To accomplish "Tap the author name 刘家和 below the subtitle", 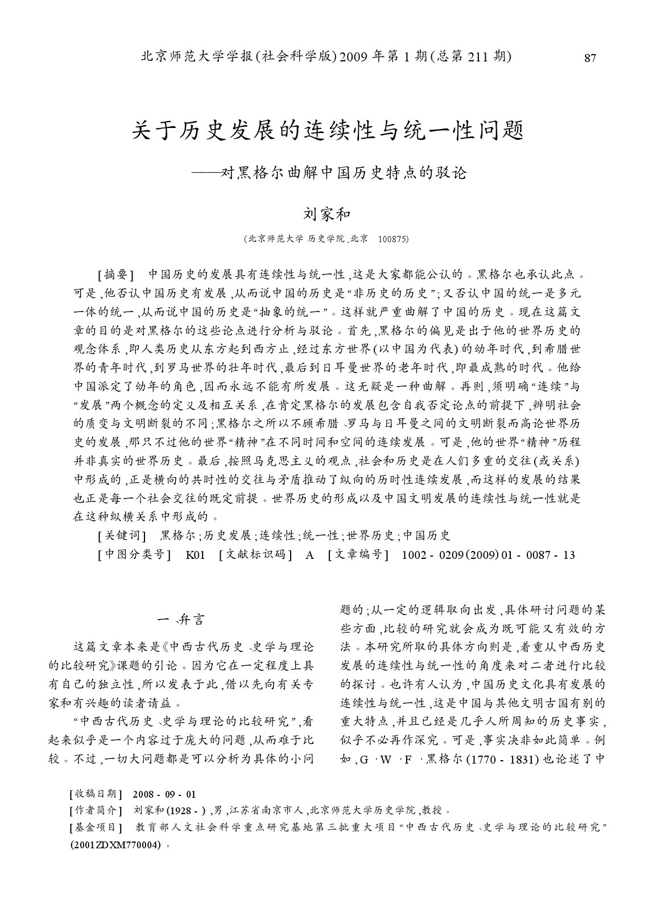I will tap(326, 214).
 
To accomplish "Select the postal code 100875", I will tap(392, 240).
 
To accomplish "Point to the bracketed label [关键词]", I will tap(122, 536).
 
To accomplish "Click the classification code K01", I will tap(195, 555).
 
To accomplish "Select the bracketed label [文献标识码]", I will tap(256, 555).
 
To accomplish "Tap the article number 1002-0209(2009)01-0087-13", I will tap(488, 555).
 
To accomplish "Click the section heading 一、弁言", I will tap(181, 619).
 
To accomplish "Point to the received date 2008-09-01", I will tap(164, 794).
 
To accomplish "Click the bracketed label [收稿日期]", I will tap(95, 794).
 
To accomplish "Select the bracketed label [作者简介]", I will tap(95, 810).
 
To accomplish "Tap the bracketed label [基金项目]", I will tap(95, 827).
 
